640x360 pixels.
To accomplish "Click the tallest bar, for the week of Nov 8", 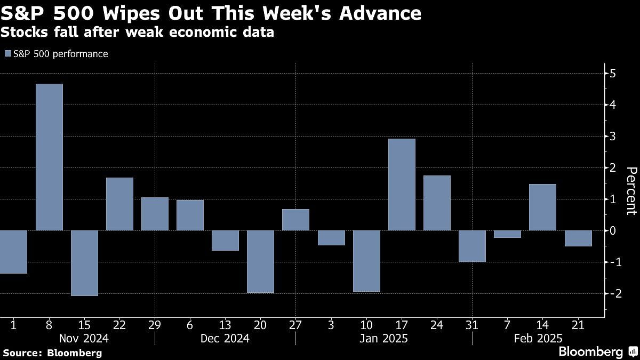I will (x=49, y=157).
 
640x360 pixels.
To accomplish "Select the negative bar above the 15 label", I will (x=84, y=263).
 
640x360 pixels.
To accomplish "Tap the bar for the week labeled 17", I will (x=402, y=185).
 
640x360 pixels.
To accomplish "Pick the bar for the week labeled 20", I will (x=260, y=261).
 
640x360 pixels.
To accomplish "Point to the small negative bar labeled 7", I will (x=507, y=234).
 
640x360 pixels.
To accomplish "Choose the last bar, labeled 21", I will (x=578, y=238).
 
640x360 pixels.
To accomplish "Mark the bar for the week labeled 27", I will (x=295, y=220).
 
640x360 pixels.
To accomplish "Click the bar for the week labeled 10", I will (x=366, y=261).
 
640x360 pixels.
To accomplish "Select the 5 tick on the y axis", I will (x=612, y=73).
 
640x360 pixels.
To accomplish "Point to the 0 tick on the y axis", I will (x=612, y=230).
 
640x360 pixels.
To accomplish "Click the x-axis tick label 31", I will (x=472, y=324).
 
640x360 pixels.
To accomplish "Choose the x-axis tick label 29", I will (x=155, y=324).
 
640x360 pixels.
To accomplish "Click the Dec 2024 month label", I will (x=225, y=338).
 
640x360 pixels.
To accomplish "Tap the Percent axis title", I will (x=631, y=190).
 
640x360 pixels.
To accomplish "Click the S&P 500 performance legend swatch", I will (x=7, y=54).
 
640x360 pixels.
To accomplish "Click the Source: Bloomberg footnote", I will (x=52, y=353).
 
